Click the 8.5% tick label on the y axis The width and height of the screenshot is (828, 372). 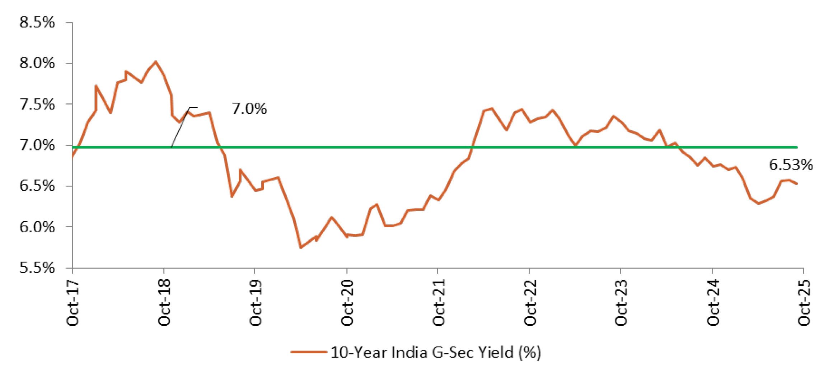coord(37,23)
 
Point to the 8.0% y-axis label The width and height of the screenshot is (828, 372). coord(37,64)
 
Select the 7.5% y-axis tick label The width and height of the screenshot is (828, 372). coord(37,104)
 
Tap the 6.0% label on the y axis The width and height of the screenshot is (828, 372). coord(37,227)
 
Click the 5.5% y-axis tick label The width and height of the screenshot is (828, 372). coord(37,268)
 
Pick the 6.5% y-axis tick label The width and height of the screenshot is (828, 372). coord(37,186)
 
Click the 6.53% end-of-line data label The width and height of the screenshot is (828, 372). coord(791,165)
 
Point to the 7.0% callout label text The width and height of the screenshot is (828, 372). coord(249,109)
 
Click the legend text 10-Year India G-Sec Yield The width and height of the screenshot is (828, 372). coord(435,353)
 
